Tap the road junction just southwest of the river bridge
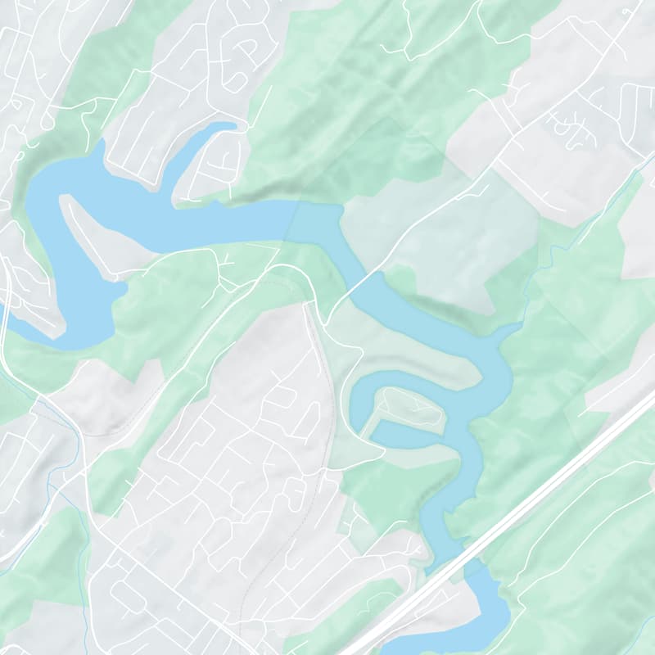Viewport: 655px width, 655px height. tap(324, 324)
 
